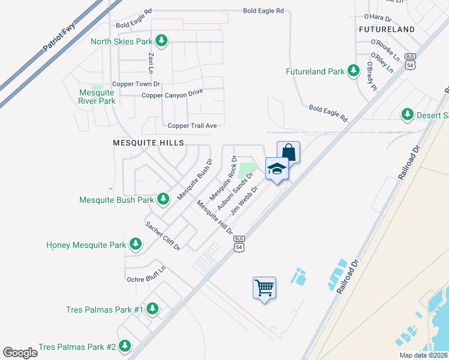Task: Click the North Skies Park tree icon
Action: [x=161, y=41]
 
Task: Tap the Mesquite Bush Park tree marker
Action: [x=163, y=199]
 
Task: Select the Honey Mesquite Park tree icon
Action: [x=136, y=244]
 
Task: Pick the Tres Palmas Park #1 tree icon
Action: [x=152, y=308]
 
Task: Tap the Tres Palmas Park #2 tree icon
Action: [x=125, y=346]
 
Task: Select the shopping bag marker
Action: [x=288, y=152]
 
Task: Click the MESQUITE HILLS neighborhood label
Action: [x=148, y=143]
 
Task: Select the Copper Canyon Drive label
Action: [x=172, y=94]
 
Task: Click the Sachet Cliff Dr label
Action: [x=163, y=236]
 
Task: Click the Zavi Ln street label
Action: [x=151, y=64]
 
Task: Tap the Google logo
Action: [x=20, y=352]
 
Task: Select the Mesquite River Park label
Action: [x=97, y=97]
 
